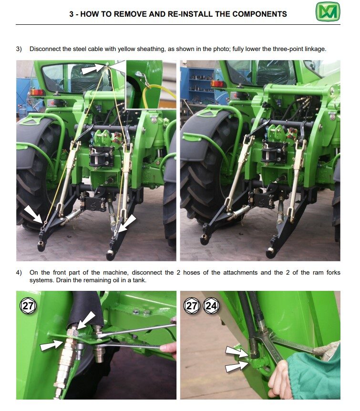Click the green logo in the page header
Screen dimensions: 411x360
click(328, 12)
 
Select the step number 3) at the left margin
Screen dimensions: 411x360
click(19, 49)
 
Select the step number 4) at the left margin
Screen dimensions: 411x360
click(19, 273)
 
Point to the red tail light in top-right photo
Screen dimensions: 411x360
click(217, 84)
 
